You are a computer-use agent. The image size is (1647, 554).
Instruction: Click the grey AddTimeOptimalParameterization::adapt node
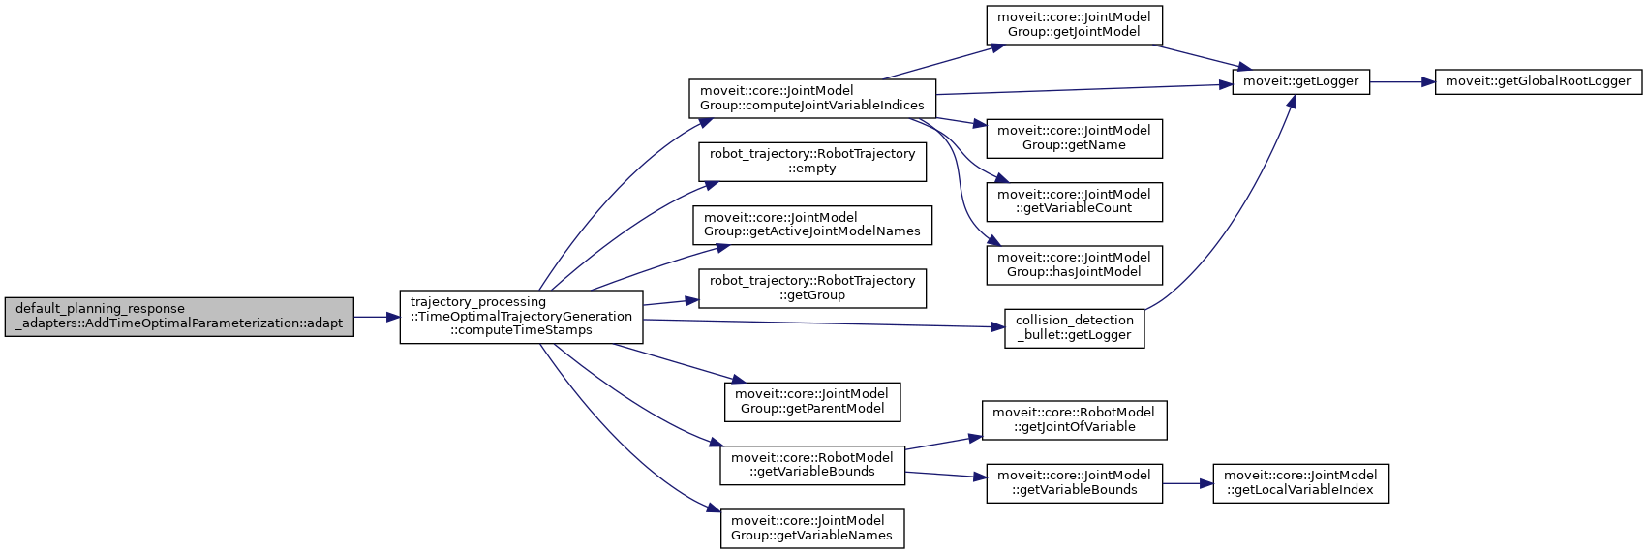click(179, 317)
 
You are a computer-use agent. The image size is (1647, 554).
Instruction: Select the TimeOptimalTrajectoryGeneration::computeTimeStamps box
click(521, 317)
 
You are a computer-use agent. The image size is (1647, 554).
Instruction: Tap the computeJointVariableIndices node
click(812, 98)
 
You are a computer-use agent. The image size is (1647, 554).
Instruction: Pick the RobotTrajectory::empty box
click(812, 161)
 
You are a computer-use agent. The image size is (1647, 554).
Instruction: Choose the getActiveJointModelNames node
click(812, 225)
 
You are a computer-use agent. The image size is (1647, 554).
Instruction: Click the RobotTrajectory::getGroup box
click(812, 288)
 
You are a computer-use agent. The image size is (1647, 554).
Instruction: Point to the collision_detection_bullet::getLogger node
click(1074, 327)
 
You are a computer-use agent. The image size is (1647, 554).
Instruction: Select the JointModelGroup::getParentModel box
click(812, 401)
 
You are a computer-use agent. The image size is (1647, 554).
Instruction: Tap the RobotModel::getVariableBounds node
click(812, 465)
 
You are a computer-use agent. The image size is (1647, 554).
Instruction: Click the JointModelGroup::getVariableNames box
click(812, 528)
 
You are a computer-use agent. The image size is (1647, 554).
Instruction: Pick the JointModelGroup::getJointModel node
click(1074, 24)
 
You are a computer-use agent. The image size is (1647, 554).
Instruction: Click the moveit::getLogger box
click(1300, 81)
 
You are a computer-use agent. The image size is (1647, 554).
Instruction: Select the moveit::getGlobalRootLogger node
click(1538, 81)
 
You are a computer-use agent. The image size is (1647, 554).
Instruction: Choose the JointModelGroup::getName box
click(1074, 138)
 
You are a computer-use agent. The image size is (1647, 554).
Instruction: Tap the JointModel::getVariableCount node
click(1074, 200)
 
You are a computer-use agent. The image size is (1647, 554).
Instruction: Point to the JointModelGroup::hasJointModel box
click(1074, 264)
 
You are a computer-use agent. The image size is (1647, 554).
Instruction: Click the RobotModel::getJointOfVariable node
click(1074, 419)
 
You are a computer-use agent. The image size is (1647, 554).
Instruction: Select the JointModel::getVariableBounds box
click(1074, 482)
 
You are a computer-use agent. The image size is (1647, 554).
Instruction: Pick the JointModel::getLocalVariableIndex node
click(1300, 482)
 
